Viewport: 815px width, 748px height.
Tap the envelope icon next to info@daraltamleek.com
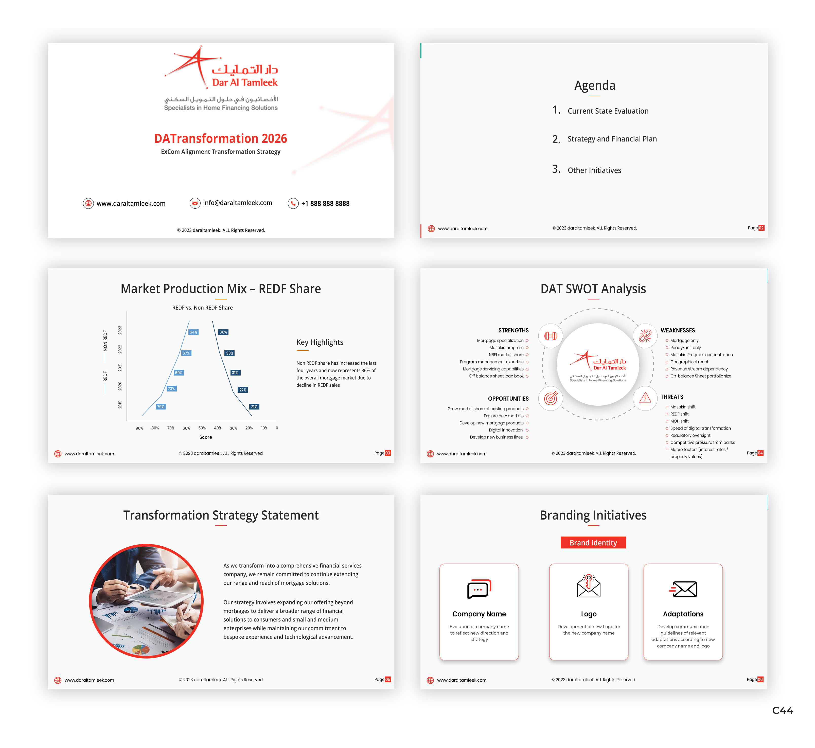[x=195, y=203]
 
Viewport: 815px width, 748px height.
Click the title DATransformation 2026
[x=220, y=138]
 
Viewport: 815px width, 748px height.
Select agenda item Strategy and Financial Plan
[x=612, y=139]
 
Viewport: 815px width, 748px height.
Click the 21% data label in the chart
[x=254, y=407]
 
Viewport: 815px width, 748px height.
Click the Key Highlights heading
[x=320, y=342]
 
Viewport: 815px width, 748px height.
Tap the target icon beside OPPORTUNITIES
[x=550, y=398]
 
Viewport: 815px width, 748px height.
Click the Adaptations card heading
[x=683, y=614]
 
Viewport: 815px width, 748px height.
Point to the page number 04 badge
[x=760, y=453]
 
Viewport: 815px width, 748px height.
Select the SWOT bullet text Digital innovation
[x=505, y=430]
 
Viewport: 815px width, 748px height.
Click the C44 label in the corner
[x=782, y=711]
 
